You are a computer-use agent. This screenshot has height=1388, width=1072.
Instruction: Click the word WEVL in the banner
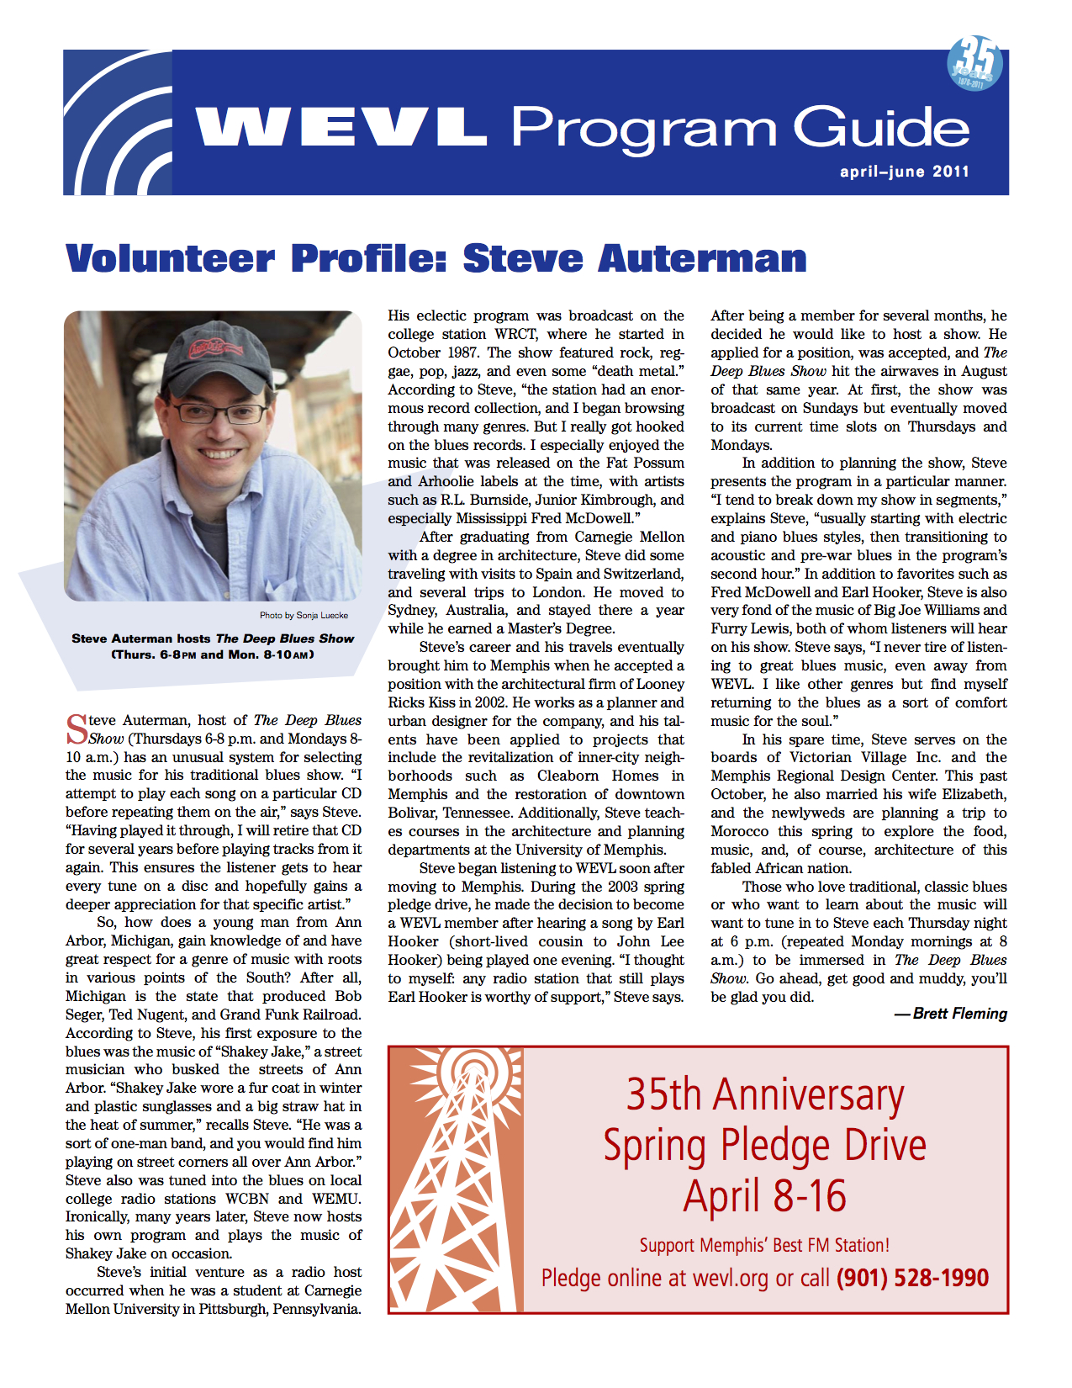coord(341,128)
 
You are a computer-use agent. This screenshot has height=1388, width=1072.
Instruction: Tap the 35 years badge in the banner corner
coord(974,63)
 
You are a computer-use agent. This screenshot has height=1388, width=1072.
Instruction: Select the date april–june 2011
coord(904,172)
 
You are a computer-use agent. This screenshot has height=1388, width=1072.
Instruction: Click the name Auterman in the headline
coord(702,258)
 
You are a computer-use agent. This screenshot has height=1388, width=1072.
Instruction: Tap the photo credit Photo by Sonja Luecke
coord(304,615)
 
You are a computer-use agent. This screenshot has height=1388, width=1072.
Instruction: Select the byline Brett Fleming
coord(958,1014)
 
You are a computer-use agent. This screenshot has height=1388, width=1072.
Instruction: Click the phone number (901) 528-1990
coord(912,1279)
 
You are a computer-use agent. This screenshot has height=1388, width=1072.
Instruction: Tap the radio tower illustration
coord(455,1178)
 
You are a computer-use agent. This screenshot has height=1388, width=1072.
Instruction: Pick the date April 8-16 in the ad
coord(765,1196)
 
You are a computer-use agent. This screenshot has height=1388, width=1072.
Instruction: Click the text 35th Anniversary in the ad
coord(765,1095)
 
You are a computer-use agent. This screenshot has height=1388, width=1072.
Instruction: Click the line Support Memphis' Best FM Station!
coord(764,1245)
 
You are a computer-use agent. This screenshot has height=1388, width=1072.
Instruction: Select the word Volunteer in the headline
coord(170,258)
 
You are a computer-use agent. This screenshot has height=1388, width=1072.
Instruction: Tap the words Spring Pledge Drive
coord(765,1146)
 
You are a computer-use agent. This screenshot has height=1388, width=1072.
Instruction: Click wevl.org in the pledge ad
coord(730,1279)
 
